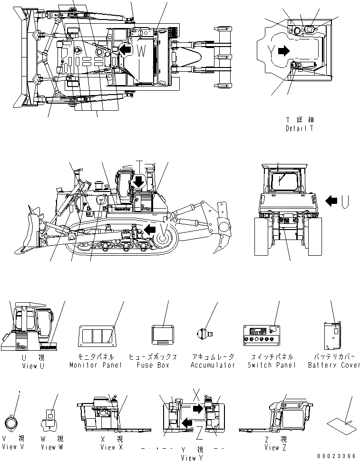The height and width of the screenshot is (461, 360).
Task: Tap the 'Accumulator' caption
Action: coord(213,365)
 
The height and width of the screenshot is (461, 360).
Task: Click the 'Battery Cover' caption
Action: coord(334,365)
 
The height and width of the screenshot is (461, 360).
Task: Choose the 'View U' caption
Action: coord(33,365)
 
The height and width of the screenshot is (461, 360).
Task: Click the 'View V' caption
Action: coord(13,447)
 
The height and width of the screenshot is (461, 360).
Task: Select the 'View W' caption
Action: coord(51,447)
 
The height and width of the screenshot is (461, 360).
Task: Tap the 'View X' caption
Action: coord(111,447)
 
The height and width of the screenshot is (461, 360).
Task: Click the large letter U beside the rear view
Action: coord(345,201)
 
